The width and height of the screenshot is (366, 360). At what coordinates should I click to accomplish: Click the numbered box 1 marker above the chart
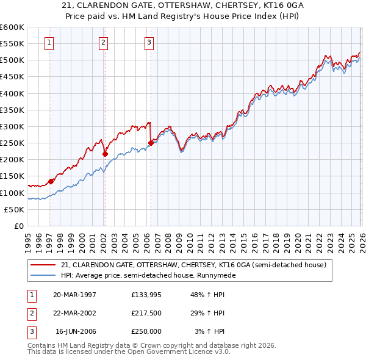[48, 42]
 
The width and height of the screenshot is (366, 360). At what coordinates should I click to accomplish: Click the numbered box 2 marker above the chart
[104, 42]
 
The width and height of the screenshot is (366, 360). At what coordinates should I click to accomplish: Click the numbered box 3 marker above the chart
[149, 42]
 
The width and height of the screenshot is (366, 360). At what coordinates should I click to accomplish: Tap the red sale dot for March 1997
[51, 181]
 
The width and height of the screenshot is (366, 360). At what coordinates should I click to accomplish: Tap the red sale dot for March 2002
[105, 154]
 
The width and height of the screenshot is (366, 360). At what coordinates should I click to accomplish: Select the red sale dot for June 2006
[151, 143]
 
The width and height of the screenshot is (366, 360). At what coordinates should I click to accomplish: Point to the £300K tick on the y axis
[12, 126]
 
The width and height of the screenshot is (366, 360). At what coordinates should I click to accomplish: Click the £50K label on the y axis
[15, 209]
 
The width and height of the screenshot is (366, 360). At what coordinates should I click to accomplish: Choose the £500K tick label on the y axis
[12, 60]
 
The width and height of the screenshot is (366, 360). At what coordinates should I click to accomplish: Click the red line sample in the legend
[45, 265]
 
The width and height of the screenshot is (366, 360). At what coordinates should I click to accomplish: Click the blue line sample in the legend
[45, 275]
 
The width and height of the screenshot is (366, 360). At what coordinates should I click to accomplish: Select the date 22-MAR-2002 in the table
[74, 313]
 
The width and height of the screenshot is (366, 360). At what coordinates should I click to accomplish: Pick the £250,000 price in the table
[146, 331]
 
